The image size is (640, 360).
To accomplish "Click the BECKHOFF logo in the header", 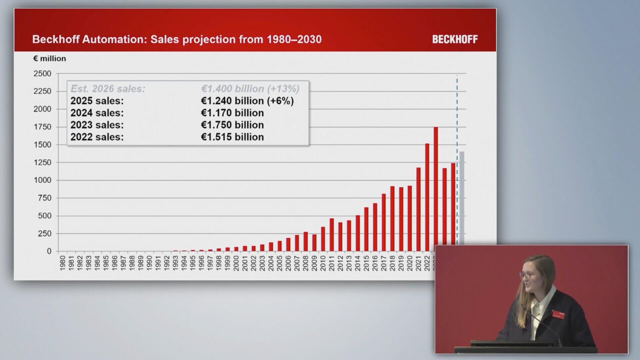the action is (455, 39).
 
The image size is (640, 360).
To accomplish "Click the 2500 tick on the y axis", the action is (42, 74).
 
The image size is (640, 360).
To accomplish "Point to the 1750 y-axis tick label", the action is (42, 127).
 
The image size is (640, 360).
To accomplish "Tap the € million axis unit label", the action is (50, 59).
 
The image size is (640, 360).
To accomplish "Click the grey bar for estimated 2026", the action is (462, 198).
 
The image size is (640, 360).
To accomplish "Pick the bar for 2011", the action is (332, 235).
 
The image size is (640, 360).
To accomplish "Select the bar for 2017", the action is (384, 222).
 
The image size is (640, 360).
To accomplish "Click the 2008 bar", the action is (306, 241).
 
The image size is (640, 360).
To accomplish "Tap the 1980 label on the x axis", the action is (62, 263).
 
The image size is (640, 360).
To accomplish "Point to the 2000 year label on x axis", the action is (236, 263).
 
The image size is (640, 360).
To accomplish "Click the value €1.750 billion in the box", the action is (232, 125).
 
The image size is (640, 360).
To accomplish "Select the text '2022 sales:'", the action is (97, 137).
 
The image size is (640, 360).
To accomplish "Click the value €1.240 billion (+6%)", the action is (247, 101).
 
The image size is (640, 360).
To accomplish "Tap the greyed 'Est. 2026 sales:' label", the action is (108, 89).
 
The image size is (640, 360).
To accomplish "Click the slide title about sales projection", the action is (177, 39).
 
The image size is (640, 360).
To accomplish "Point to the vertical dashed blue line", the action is (457, 160).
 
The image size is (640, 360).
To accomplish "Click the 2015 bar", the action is (366, 229).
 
